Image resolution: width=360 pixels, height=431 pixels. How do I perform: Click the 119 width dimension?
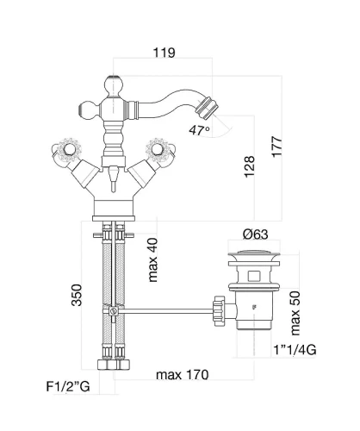pyautogui.click(x=164, y=53)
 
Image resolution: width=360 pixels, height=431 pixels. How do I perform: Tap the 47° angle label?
pyautogui.click(x=199, y=130)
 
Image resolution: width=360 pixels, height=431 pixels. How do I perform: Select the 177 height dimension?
pyautogui.click(x=277, y=147)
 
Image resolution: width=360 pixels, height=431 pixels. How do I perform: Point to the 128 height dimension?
pyautogui.click(x=250, y=166)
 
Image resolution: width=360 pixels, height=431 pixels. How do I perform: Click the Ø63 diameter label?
pyautogui.click(x=255, y=234)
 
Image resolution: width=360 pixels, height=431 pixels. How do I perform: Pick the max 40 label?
pyautogui.click(x=152, y=259)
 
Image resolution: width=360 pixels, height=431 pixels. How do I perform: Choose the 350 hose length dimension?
pyautogui.click(x=77, y=295)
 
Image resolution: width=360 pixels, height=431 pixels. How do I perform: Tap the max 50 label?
pyautogui.click(x=295, y=313)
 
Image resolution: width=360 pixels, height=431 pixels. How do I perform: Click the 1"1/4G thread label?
pyautogui.click(x=295, y=350)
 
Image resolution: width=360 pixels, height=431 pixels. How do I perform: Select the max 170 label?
pyautogui.click(x=183, y=375)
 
